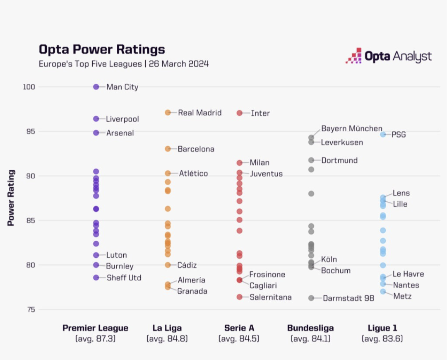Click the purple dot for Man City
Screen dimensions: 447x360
96,87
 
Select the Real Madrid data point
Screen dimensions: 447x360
168,113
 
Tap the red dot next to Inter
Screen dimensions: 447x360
240,113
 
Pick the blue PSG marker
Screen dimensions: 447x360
383,134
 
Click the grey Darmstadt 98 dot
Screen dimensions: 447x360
311,298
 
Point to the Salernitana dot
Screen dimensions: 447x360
240,297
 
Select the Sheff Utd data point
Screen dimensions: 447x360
96,278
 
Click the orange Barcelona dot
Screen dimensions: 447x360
168,149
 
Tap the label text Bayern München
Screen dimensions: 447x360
352,129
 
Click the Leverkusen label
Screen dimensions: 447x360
342,143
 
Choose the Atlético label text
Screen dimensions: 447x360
193,174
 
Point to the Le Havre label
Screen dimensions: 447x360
408,274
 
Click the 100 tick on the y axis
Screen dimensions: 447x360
29,87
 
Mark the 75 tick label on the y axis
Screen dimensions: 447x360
31,309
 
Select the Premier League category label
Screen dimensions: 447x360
95,328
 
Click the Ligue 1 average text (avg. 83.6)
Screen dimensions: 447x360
382,338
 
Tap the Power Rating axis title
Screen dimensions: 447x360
11,198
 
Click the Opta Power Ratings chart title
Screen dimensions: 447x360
102,49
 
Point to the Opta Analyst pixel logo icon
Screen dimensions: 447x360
353,56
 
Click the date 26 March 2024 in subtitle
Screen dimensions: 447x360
179,64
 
